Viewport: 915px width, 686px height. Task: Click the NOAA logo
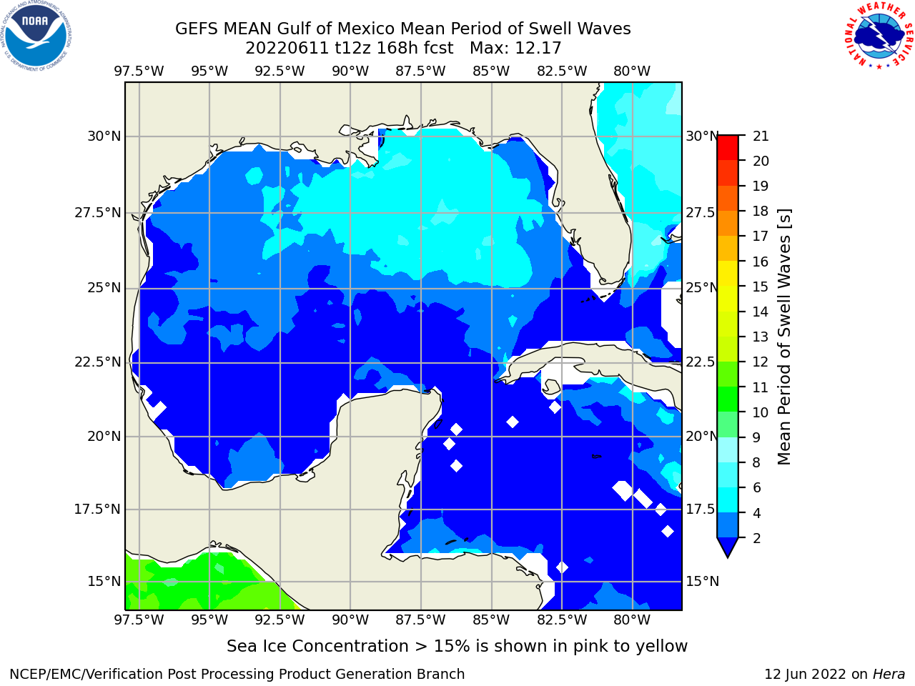click(36, 36)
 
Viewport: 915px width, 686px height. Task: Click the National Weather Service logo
click(879, 35)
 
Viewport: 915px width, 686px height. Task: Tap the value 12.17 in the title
click(538, 49)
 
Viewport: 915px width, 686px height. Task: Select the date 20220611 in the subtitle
click(287, 49)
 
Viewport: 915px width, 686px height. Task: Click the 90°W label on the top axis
click(350, 71)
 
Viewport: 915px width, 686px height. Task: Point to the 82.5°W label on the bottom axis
click(561, 620)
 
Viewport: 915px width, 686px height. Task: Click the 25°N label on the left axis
click(104, 288)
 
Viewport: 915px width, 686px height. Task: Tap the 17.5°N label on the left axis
click(97, 509)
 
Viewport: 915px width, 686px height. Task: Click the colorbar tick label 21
click(761, 136)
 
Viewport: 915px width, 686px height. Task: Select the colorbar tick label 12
click(761, 362)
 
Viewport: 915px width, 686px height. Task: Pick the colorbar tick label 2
click(756, 538)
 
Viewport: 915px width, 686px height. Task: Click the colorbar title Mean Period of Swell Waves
click(784, 337)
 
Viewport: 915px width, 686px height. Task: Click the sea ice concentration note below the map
click(457, 646)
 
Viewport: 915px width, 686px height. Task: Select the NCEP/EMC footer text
click(237, 674)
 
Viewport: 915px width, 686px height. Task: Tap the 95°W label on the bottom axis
click(209, 620)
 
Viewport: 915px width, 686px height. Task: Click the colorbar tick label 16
click(761, 262)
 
